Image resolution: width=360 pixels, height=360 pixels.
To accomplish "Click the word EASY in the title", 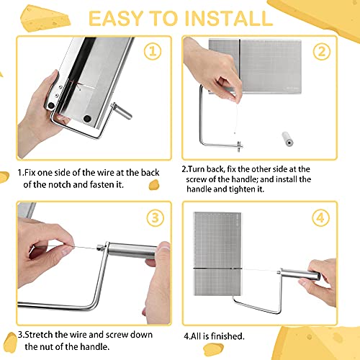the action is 116,19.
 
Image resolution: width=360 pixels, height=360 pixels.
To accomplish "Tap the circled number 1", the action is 153,51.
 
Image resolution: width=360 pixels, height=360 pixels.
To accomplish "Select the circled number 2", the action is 322,52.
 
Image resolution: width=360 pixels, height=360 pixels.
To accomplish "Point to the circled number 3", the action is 156,218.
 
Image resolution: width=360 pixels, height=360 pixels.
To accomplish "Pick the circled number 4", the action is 321,218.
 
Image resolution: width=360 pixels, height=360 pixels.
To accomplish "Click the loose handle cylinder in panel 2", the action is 287,139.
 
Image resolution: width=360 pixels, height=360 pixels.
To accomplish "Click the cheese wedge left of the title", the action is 45,19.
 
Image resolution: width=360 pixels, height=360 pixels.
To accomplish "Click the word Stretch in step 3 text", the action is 39,335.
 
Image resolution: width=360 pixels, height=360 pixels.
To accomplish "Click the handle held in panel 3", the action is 131,251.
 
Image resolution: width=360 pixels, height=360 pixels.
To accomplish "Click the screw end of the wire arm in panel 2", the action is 240,146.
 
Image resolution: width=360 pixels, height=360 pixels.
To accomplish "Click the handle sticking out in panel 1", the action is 122,111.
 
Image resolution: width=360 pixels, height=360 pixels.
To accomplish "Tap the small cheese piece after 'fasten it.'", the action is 154,185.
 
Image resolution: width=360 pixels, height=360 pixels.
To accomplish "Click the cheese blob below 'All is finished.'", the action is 213,348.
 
